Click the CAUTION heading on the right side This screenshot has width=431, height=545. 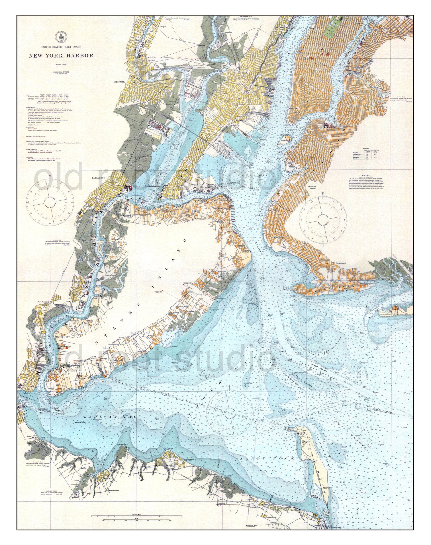pos(366,175)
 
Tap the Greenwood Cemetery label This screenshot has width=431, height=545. pos(312,188)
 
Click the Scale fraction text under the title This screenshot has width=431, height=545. pos(61,65)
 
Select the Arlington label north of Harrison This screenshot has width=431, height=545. pos(162,27)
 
